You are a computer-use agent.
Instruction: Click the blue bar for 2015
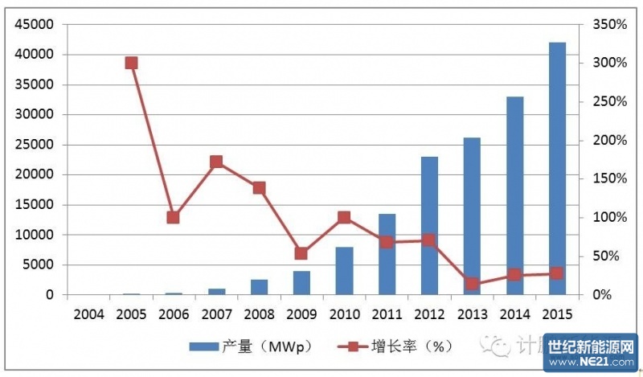pos(557,169)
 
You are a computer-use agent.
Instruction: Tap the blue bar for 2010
pos(344,271)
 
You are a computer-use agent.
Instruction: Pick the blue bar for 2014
pos(514,196)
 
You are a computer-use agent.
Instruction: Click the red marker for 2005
pos(132,63)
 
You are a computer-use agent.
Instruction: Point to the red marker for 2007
pos(216,162)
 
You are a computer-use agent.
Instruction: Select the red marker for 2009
pos(301,253)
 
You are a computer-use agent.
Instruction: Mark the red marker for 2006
pos(174,217)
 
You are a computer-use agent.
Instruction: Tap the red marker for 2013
pos(472,283)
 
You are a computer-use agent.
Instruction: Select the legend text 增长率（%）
pos(412,346)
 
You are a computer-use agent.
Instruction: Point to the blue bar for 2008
pos(259,287)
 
